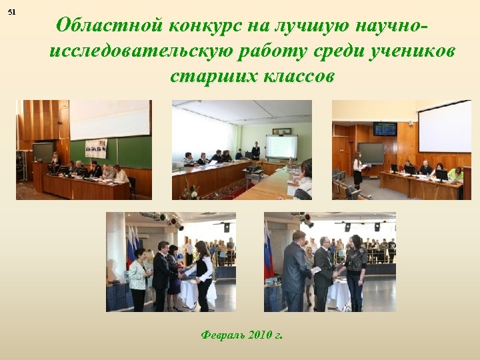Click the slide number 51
(x=12, y=13)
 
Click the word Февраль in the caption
(x=222, y=335)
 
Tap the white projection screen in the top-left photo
(x=110, y=120)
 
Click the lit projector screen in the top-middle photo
(x=281, y=146)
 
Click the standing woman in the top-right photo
(x=358, y=171)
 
